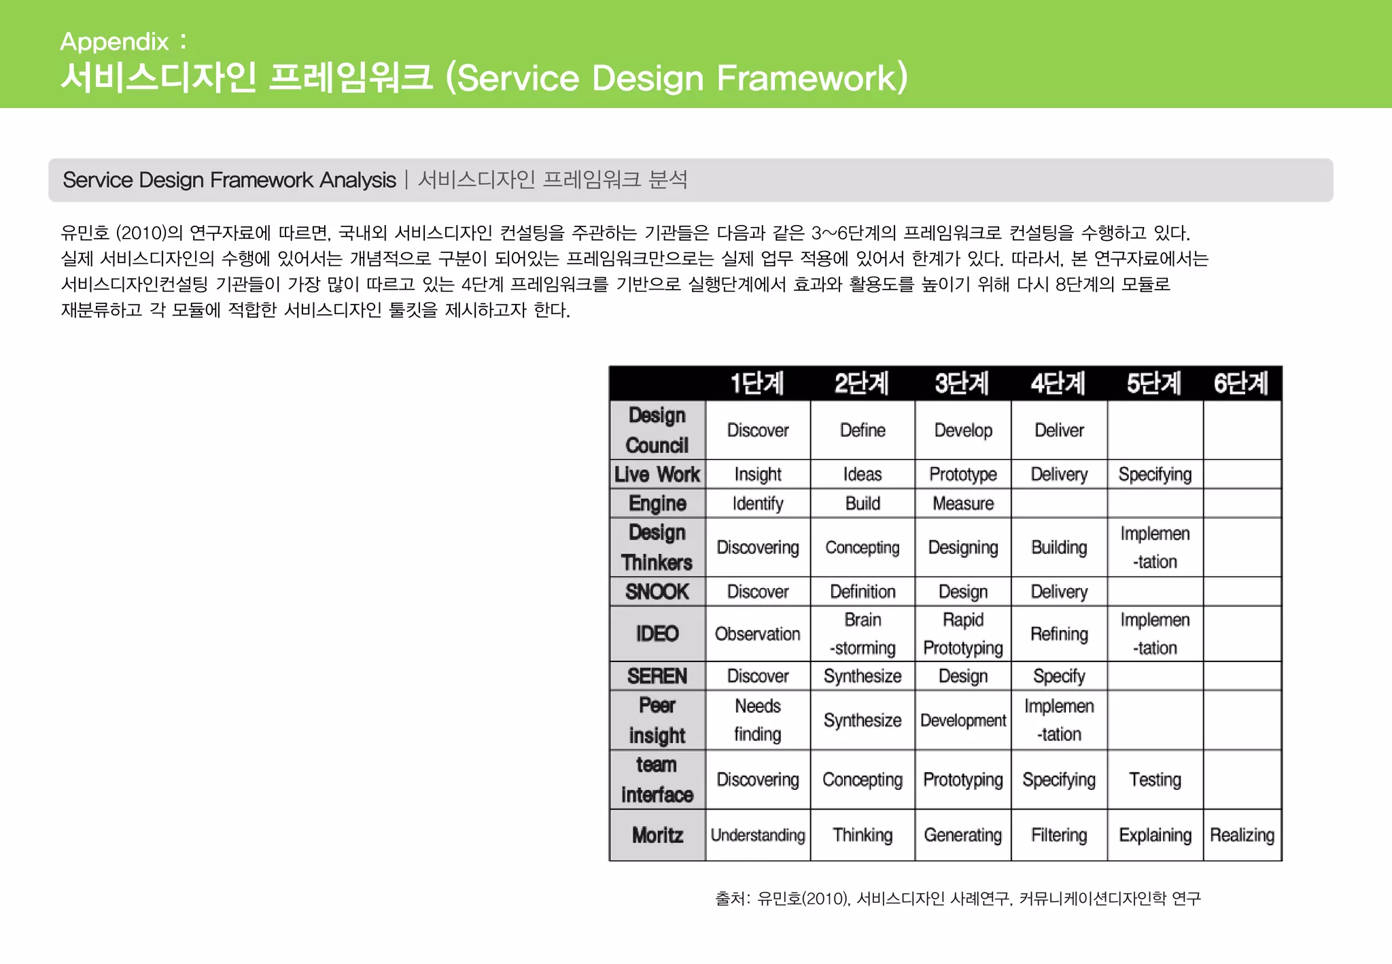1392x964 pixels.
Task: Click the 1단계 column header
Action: point(757,383)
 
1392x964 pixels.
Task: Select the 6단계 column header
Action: point(1241,383)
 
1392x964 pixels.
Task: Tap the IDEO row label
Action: point(657,634)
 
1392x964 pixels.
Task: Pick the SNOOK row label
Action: point(657,591)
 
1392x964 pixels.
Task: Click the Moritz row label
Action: point(657,835)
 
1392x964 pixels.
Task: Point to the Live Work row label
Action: point(657,474)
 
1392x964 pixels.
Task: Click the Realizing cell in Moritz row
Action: point(1242,835)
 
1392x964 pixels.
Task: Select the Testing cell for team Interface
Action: point(1155,780)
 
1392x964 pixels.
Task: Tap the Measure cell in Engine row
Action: point(963,503)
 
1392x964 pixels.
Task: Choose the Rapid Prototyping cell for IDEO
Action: point(963,634)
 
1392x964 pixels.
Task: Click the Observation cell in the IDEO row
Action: point(758,634)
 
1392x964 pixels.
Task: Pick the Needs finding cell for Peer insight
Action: point(758,720)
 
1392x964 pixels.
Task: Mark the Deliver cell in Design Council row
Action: point(1059,430)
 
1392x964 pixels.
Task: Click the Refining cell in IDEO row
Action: point(1059,634)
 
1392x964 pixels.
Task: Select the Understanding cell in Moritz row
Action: point(758,835)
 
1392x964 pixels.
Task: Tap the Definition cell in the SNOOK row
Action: point(863,591)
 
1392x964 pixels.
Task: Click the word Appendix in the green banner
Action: point(114,41)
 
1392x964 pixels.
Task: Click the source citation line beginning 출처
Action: point(958,899)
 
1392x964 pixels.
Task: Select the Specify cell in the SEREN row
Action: point(1059,676)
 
